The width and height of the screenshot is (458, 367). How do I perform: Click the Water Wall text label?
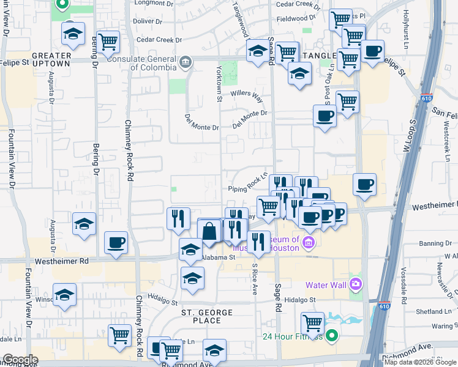click(x=326, y=285)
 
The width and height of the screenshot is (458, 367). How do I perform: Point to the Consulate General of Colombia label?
click(x=144, y=60)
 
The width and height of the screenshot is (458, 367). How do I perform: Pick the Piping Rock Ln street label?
click(x=249, y=185)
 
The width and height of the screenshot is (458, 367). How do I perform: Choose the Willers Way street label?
click(x=246, y=97)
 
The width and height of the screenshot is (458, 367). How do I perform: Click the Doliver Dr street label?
click(x=148, y=21)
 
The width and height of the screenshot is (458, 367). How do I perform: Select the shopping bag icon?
click(x=209, y=231)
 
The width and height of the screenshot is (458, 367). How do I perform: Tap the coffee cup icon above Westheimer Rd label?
click(x=116, y=243)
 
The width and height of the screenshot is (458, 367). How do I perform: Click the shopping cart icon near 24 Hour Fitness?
click(x=312, y=322)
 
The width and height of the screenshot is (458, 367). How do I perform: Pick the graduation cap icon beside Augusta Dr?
click(x=84, y=224)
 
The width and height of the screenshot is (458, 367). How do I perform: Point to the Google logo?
click(x=20, y=360)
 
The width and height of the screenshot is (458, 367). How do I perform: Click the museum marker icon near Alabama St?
click(x=308, y=243)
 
